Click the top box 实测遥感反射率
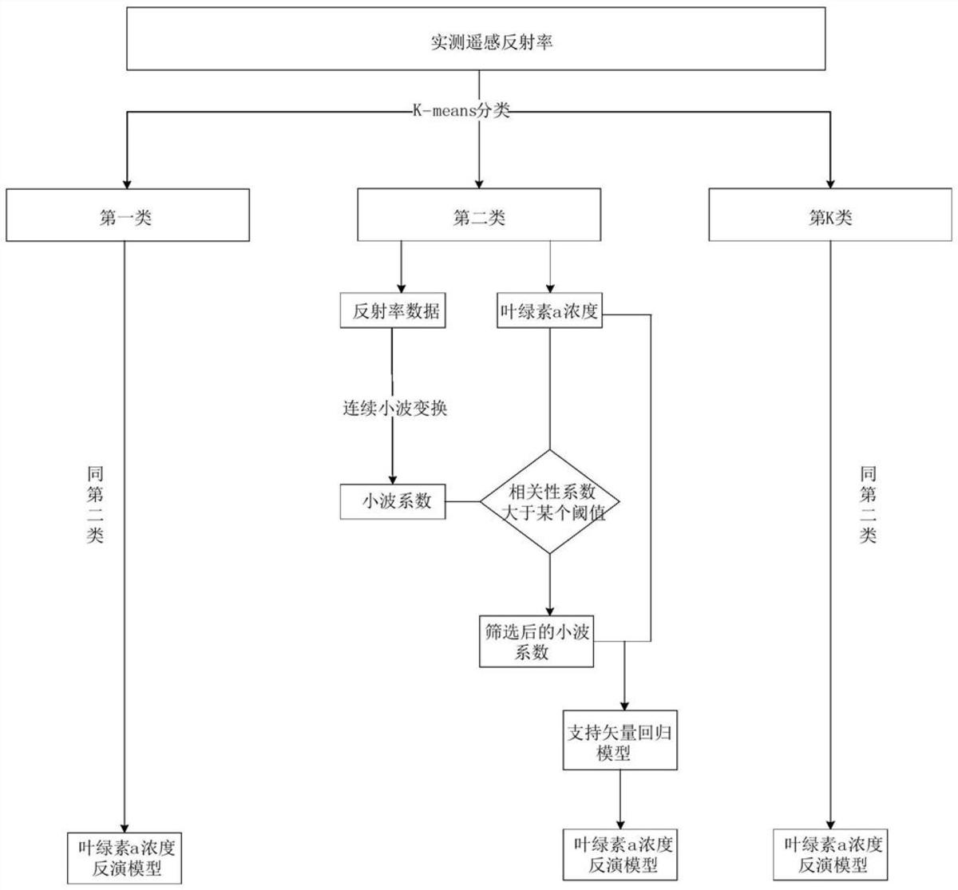point(477,40)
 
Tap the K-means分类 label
point(456,111)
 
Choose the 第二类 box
point(479,216)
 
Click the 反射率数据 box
point(392,312)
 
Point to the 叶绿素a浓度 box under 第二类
point(549,312)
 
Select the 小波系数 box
point(393,501)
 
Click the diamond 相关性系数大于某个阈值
point(550,502)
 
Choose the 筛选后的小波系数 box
point(536,641)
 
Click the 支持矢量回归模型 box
point(620,740)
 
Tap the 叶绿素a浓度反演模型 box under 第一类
point(125,856)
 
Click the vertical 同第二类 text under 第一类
point(95,504)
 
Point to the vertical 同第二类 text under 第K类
point(867,504)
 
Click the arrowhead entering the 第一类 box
point(125,181)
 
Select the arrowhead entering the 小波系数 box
point(392,477)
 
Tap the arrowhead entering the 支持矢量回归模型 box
point(623,702)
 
